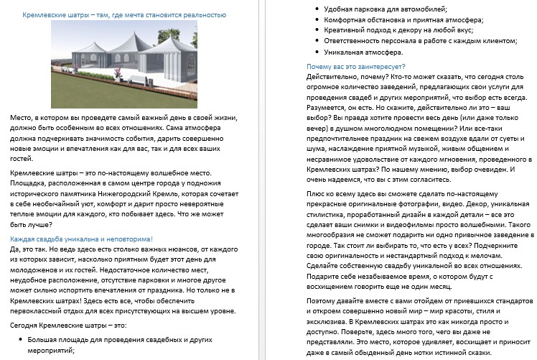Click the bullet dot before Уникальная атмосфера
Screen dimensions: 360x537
click(x=318, y=52)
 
